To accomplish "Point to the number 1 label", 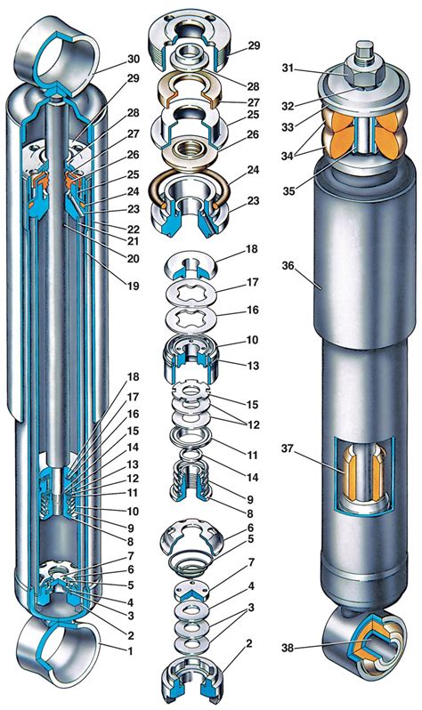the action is (x=130, y=651).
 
